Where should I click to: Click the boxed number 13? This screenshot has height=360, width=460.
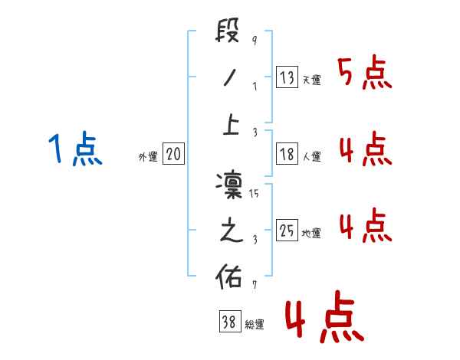pos(287,77)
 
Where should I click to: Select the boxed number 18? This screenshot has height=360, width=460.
pos(287,154)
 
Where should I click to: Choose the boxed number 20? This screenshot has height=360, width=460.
pos(173,154)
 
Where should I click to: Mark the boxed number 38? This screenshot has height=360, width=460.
pos(229,322)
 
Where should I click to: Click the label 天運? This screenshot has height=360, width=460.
pos(311,80)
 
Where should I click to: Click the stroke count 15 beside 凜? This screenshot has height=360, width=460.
pos(255,194)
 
